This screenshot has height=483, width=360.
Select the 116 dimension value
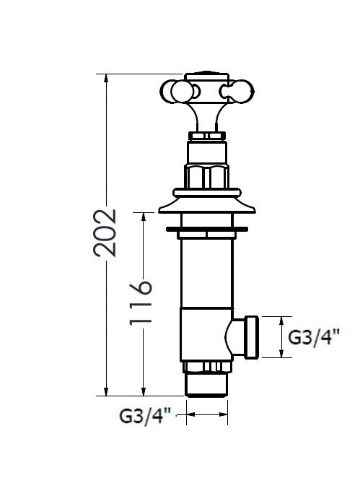(141, 301)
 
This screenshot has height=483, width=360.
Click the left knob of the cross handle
(174, 92)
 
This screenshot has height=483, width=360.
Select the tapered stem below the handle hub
(208, 116)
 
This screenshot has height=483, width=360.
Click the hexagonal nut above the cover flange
(207, 176)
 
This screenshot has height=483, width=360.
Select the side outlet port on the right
(249, 337)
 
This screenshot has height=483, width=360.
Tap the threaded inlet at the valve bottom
(207, 383)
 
